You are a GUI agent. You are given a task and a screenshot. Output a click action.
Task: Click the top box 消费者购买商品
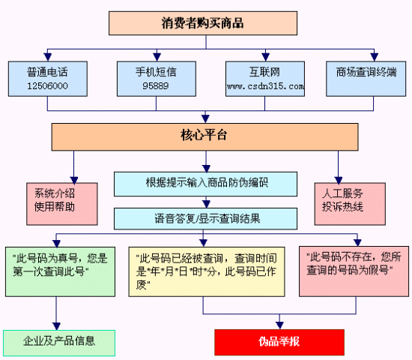pyautogui.click(x=203, y=23)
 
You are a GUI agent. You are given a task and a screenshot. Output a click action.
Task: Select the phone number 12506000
pyautogui.click(x=47, y=86)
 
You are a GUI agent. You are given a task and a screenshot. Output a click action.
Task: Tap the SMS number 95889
pyautogui.click(x=156, y=86)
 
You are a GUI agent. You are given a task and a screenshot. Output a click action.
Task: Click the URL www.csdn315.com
pyautogui.click(x=265, y=86)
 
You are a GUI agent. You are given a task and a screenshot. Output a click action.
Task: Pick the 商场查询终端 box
pyautogui.click(x=366, y=79)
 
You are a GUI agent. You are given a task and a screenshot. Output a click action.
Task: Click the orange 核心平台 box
pyautogui.click(x=205, y=136)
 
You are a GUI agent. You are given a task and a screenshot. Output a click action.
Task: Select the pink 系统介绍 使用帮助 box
pyautogui.click(x=62, y=204)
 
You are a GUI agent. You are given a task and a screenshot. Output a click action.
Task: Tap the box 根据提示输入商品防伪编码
pyautogui.click(x=205, y=184)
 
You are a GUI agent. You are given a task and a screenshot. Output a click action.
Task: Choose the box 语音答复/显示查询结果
pyautogui.click(x=205, y=219)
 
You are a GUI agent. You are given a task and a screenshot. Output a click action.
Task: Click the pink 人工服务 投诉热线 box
pyautogui.click(x=350, y=204)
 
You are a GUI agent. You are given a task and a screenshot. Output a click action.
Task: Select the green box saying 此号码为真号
pyautogui.click(x=60, y=271)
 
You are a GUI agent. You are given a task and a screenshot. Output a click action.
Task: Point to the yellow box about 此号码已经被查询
pyautogui.click(x=207, y=271)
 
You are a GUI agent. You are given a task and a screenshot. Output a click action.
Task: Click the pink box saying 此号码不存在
pyautogui.click(x=354, y=271)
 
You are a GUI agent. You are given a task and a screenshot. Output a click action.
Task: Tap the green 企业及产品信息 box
pyautogui.click(x=59, y=343)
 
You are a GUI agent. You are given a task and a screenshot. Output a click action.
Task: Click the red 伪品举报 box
pyautogui.click(x=279, y=342)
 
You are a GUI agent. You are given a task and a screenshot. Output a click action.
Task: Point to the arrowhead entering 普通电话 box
pyautogui.click(x=47, y=57)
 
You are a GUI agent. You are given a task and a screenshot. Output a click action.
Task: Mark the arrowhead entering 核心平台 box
pyautogui.click(x=205, y=118)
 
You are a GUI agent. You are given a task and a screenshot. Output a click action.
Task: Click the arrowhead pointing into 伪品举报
pyautogui.click(x=279, y=325)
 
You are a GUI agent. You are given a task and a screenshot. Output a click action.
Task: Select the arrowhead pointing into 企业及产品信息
pyautogui.click(x=56, y=326)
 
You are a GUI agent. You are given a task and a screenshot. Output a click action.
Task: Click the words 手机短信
pyautogui.click(x=156, y=72)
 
